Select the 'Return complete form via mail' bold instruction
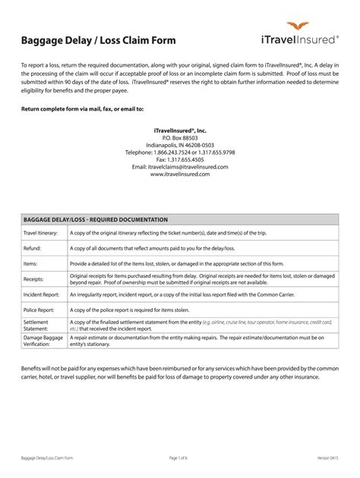coord(82,109)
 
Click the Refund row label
coord(33,248)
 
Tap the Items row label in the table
coord(32,263)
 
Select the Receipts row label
coord(35,279)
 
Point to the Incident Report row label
coord(43,294)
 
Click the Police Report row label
coord(40,310)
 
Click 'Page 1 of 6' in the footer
coord(180,459)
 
